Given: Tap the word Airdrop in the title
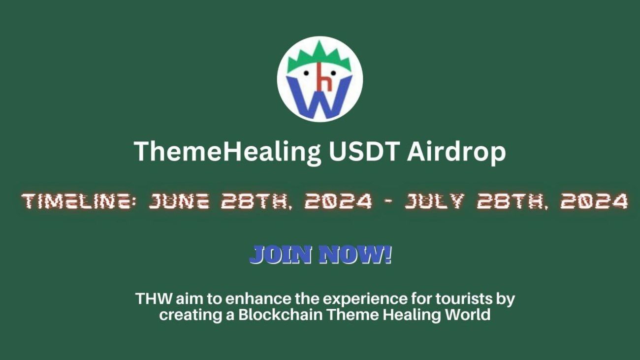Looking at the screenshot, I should (456, 152).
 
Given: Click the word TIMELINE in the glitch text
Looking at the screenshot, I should (79, 201).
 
